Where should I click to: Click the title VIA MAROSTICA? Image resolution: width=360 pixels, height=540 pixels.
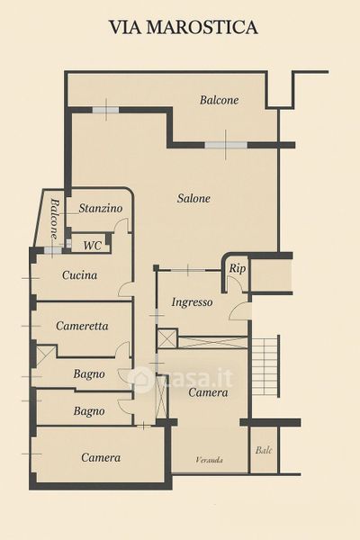[184, 27]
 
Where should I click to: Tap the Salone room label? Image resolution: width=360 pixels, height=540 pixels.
[193, 198]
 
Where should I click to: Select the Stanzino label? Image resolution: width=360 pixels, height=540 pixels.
[101, 208]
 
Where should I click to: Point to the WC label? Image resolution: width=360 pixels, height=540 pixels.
[93, 246]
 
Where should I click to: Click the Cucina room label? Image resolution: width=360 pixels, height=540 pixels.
[79, 275]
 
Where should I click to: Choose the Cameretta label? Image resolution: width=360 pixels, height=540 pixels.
[82, 326]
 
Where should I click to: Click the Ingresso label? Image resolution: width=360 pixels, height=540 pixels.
[192, 302]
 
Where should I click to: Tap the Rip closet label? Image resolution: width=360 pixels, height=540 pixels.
[238, 268]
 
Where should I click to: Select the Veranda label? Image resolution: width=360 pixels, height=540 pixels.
[209, 460]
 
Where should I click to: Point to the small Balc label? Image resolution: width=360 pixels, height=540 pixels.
[264, 450]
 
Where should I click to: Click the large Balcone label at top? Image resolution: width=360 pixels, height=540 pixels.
[219, 100]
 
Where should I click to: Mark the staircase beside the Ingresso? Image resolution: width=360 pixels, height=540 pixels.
[265, 366]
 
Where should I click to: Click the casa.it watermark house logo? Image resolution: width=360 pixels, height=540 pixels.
[140, 378]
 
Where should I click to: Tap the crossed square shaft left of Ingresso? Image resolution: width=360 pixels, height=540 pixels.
[167, 339]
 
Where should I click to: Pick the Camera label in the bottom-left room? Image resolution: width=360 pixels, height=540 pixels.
[101, 457]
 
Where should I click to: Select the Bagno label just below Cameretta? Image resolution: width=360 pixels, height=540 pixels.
[89, 373]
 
